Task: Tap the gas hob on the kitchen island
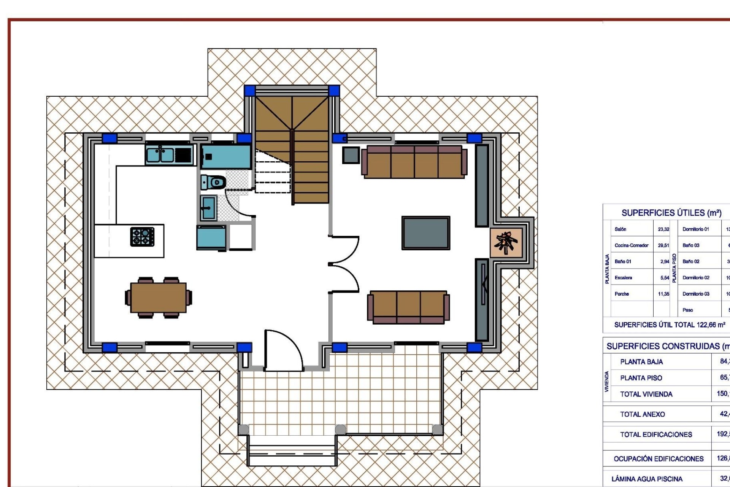tap(143, 236)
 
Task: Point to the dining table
tap(158, 298)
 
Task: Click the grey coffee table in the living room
tap(426, 233)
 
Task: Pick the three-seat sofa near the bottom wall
tap(408, 307)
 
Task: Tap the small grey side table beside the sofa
tap(351, 155)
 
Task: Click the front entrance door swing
tap(283, 350)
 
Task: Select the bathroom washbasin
tap(208, 208)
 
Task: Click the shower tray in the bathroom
tap(225, 156)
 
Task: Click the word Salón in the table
tap(620, 229)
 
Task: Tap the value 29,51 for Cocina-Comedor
tap(663, 245)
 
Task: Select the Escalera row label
tap(623, 278)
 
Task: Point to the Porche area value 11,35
tap(663, 294)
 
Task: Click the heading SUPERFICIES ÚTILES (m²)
tap(671, 213)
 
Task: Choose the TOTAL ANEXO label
tap(643, 414)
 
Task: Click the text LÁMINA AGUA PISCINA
tap(647, 479)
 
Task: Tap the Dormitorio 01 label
tap(696, 229)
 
